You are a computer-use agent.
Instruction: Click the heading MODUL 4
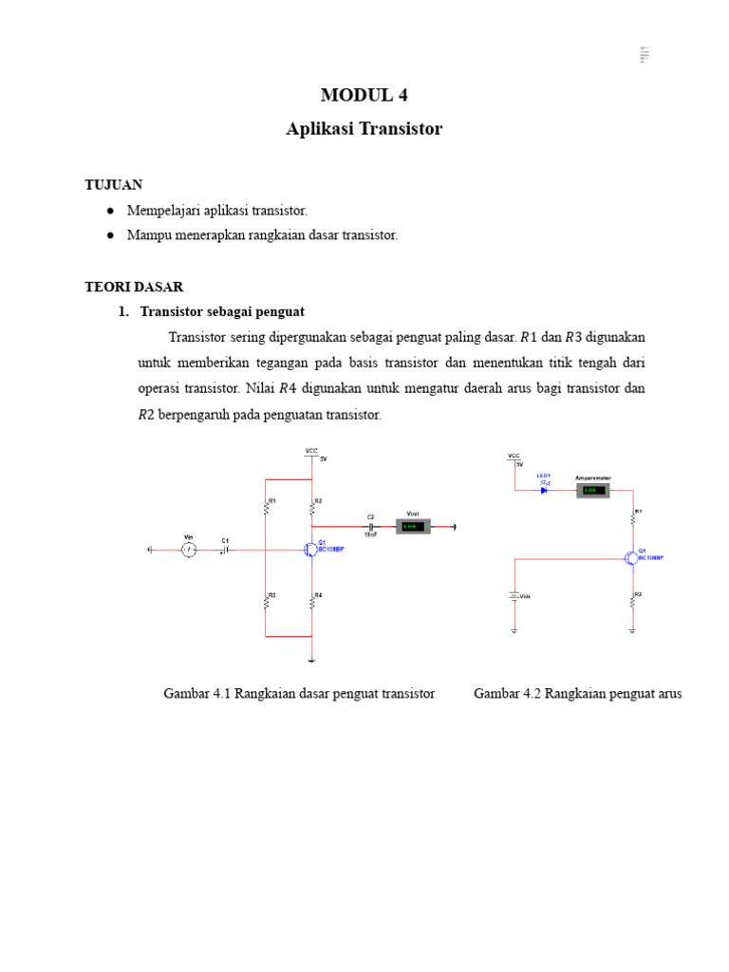[364, 94]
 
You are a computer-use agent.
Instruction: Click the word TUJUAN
[113, 184]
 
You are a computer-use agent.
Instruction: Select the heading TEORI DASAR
[134, 286]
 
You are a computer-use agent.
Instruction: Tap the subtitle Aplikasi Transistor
[364, 129]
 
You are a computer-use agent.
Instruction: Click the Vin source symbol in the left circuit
[188, 550]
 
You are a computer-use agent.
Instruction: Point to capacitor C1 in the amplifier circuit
[225, 550]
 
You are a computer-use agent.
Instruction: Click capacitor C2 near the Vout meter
[370, 526]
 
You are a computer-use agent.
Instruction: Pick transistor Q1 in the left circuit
[309, 550]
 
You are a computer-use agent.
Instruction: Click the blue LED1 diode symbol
[545, 490]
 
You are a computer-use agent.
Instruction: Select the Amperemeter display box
[590, 490]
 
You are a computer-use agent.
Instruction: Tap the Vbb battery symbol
[514, 597]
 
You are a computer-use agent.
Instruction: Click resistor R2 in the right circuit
[633, 600]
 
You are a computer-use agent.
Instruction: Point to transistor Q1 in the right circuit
[631, 558]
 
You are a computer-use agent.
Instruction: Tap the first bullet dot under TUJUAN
[111, 211]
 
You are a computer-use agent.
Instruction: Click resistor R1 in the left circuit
[266, 506]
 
